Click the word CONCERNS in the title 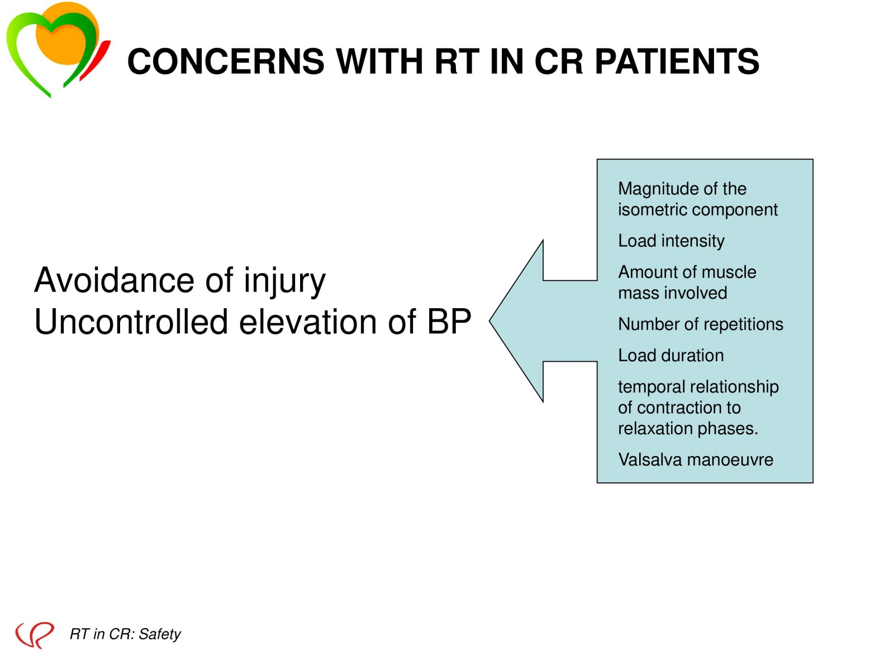coord(226,61)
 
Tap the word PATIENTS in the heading coord(677,61)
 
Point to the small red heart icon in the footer coord(34,634)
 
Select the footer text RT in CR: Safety coord(125,634)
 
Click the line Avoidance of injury coord(180,281)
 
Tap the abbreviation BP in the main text coord(449,321)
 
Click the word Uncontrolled coord(131,321)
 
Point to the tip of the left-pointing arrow coord(489,320)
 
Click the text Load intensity coord(671,241)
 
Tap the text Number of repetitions coord(701,324)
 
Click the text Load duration coord(671,356)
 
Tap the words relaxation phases coord(688,429)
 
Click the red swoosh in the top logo coord(96,60)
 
